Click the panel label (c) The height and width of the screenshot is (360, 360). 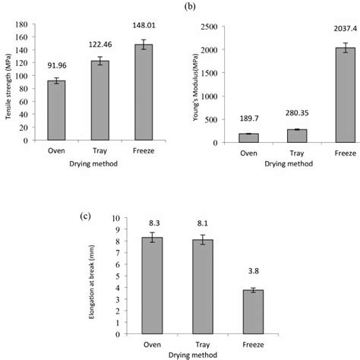coord(86,216)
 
